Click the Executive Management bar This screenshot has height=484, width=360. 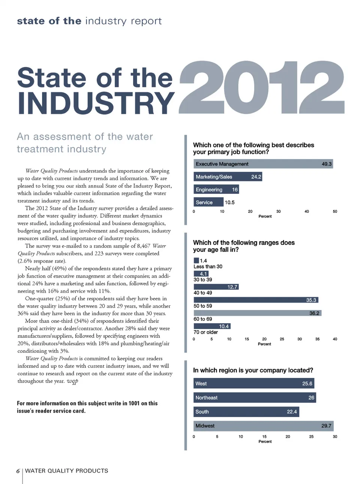(x=263, y=164)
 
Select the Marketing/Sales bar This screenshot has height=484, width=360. (x=228, y=177)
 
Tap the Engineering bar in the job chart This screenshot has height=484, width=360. (x=216, y=190)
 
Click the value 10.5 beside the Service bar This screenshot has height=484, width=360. (x=229, y=202)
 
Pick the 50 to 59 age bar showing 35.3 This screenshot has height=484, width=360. (x=256, y=300)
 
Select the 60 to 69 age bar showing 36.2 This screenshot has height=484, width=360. (x=257, y=313)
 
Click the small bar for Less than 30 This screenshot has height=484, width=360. (x=196, y=261)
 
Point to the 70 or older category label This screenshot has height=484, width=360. (x=205, y=332)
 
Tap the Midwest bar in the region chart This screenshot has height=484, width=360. (x=263, y=426)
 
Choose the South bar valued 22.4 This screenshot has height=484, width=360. (x=246, y=412)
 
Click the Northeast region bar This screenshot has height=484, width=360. (x=255, y=397)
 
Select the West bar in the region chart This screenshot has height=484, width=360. (x=254, y=384)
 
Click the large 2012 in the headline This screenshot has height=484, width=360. (x=261, y=88)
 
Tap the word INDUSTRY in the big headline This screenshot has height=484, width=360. (x=96, y=103)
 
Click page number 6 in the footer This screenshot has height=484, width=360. (x=18, y=471)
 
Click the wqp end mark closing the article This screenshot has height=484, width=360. (x=72, y=381)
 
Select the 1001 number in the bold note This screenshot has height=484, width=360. (x=134, y=403)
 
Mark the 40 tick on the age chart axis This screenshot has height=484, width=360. (x=334, y=339)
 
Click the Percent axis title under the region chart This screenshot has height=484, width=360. (x=265, y=442)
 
